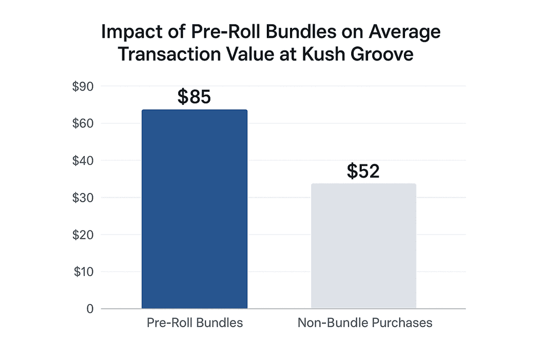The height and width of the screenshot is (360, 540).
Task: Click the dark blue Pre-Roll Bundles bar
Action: pyautogui.click(x=194, y=209)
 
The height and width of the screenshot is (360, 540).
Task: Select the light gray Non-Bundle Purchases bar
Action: pyautogui.click(x=363, y=246)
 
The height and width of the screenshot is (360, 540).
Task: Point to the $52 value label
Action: pyautogui.click(x=363, y=171)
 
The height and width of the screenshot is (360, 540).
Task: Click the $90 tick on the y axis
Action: pyautogui.click(x=83, y=86)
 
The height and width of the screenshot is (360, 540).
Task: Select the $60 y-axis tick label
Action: pyautogui.click(x=83, y=123)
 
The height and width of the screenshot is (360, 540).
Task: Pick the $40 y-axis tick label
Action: pyautogui.click(x=83, y=160)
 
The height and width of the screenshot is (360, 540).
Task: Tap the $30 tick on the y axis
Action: pyautogui.click(x=83, y=198)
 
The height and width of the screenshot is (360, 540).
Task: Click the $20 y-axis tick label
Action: pyautogui.click(x=83, y=235)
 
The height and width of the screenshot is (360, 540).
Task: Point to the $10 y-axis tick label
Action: pyautogui.click(x=83, y=272)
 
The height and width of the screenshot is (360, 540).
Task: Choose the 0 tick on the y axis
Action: pyautogui.click(x=90, y=309)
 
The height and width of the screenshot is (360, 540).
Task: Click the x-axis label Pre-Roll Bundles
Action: pyautogui.click(x=195, y=323)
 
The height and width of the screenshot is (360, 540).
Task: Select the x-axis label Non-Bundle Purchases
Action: pyautogui.click(x=365, y=323)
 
